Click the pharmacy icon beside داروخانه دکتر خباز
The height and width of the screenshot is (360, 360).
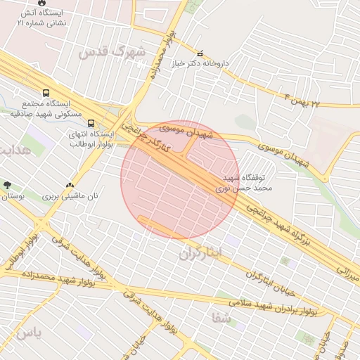[x=200, y=53]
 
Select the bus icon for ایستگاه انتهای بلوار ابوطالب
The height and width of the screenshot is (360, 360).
[x=91, y=124]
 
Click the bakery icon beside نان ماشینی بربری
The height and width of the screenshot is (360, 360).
[x=69, y=186]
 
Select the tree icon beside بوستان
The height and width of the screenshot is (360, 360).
[x=7, y=186]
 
